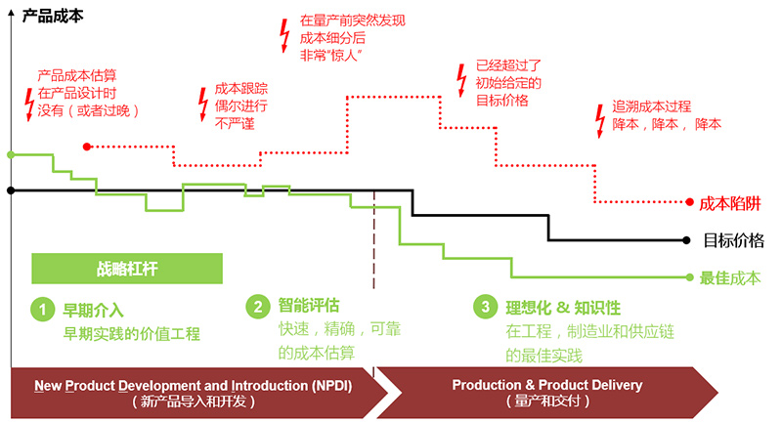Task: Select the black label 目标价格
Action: point(733,239)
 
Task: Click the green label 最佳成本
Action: point(730,277)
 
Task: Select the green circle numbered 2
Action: point(256,307)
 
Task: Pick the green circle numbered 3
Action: point(485,308)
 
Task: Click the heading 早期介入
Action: point(93,311)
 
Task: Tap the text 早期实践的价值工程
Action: point(131,334)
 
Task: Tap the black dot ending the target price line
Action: point(690,239)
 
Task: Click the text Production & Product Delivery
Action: point(546,385)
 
